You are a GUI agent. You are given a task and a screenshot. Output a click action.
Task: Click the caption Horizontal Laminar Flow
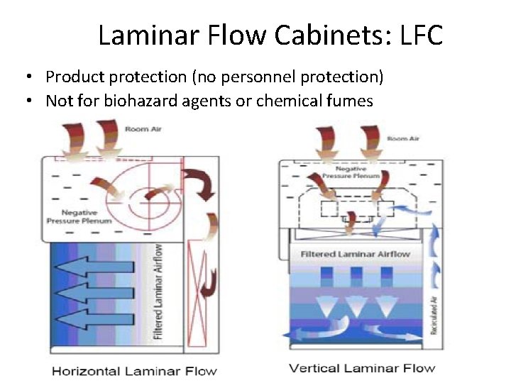click(133, 370)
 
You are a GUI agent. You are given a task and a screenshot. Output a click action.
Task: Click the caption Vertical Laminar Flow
click(362, 367)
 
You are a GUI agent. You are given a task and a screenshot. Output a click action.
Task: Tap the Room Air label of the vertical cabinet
click(402, 138)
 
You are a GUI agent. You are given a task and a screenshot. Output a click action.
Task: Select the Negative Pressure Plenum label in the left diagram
click(86, 216)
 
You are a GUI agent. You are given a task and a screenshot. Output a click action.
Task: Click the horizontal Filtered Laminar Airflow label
click(355, 254)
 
